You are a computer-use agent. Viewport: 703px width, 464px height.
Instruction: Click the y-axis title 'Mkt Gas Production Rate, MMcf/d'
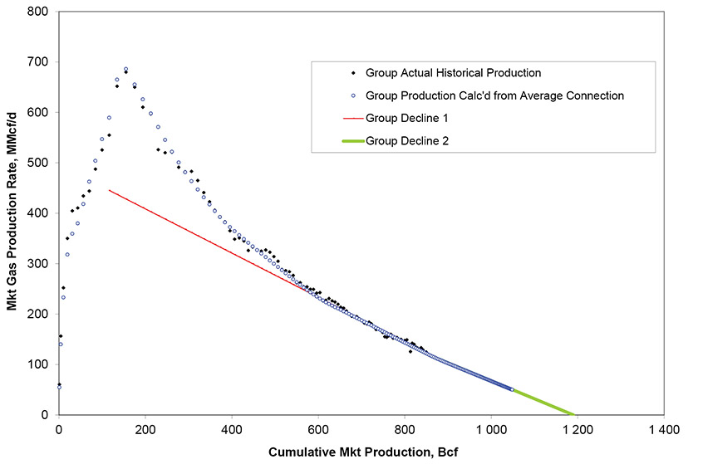coord(13,212)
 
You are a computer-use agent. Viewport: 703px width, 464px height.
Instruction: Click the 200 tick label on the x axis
coord(145,429)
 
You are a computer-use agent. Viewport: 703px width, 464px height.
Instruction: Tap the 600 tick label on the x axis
coord(318,429)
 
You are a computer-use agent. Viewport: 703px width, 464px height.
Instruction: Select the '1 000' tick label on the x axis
coord(490,429)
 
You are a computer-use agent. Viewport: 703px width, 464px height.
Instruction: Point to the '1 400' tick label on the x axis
coord(663,429)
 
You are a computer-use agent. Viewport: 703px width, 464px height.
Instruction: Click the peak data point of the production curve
coord(126,70)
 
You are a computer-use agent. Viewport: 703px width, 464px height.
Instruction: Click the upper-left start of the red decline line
coord(109,190)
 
